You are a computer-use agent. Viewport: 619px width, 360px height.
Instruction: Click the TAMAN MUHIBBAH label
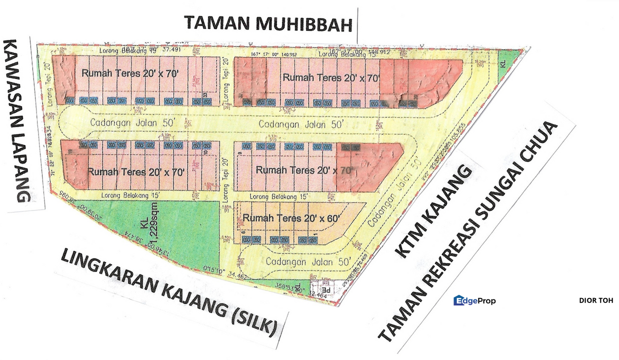point(268,23)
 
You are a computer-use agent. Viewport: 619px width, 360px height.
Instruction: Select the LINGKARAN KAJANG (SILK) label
point(168,292)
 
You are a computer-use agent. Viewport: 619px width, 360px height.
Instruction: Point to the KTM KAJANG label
point(433,212)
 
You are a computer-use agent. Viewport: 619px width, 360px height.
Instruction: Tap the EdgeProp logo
point(474,301)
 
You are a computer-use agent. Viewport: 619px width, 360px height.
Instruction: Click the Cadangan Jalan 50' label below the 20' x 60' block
point(307,261)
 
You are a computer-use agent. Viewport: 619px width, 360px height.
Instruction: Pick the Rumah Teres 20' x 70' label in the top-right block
point(331,77)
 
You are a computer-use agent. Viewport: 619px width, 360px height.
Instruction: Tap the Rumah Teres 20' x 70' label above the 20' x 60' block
point(304,170)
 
